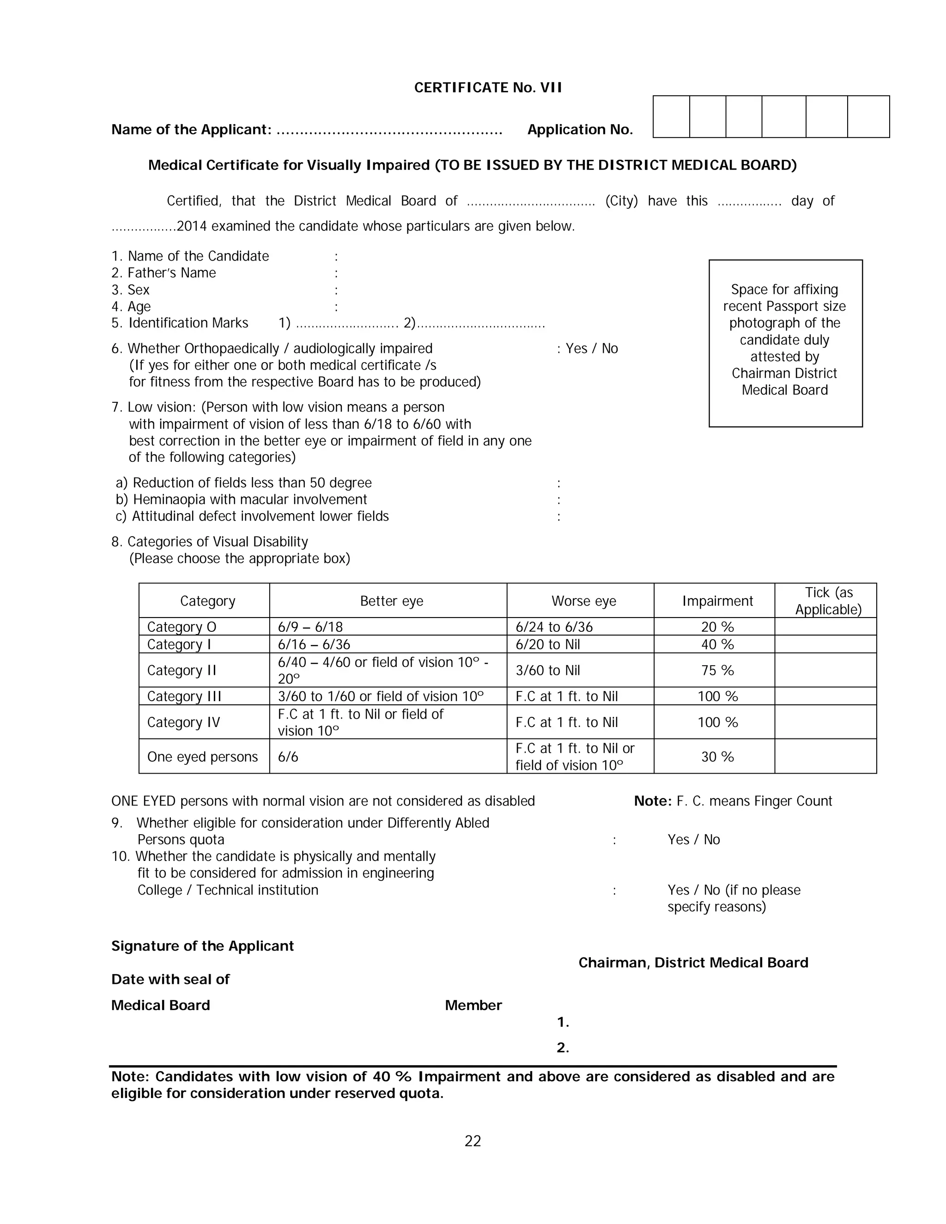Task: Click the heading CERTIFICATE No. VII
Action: pos(488,87)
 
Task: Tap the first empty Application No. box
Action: pos(671,116)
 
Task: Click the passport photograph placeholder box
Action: pos(785,343)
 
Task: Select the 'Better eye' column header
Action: pos(391,601)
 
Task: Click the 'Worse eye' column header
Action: pos(583,601)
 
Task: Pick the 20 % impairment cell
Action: pos(717,627)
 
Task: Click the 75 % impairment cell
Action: pos(717,670)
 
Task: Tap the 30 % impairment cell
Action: pos(717,757)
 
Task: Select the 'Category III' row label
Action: pos(184,696)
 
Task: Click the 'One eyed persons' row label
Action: pos(202,757)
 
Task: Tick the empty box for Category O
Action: pos(825,627)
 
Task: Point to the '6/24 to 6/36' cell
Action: pos(554,627)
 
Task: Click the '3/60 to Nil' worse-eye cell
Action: pos(547,670)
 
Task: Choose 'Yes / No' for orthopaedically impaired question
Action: pos(591,349)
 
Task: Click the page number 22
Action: pos(473,1141)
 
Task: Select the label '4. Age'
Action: pos(131,307)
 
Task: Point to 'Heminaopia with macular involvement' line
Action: pos(249,499)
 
